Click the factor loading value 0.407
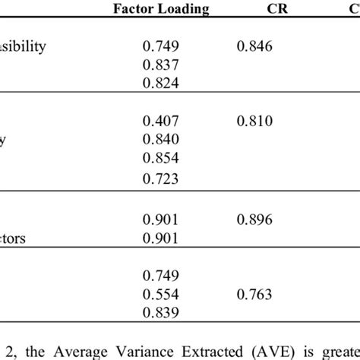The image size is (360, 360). [160, 121]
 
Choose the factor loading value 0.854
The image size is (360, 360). [160, 158]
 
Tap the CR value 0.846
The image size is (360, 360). [254, 46]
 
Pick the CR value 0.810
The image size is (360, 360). [254, 121]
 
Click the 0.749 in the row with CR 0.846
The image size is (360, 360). [160, 46]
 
